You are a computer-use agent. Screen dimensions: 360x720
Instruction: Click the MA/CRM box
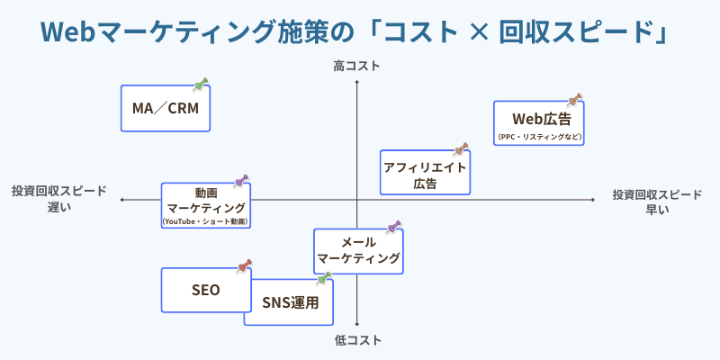point(165,109)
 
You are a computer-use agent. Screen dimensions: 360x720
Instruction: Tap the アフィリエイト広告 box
point(425,173)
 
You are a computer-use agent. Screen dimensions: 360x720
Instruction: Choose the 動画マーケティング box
point(205,206)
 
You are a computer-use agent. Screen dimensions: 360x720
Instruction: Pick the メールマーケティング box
point(358,250)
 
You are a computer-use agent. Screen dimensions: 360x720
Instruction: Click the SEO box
point(205,290)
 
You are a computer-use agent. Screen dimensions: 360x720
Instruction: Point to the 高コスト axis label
point(356,66)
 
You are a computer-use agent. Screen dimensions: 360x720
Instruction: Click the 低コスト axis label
point(357,340)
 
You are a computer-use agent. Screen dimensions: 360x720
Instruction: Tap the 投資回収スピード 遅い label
point(58,199)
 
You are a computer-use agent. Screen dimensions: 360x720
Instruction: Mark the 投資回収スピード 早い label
point(657,202)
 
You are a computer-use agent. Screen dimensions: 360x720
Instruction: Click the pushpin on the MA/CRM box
point(202,85)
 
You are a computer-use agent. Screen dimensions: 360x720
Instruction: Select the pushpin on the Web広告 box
point(575,99)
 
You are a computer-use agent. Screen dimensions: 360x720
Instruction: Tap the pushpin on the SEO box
point(243,266)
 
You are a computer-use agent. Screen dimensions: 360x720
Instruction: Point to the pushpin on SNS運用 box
point(325,278)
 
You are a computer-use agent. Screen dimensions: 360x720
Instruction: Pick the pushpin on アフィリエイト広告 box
point(462,148)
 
